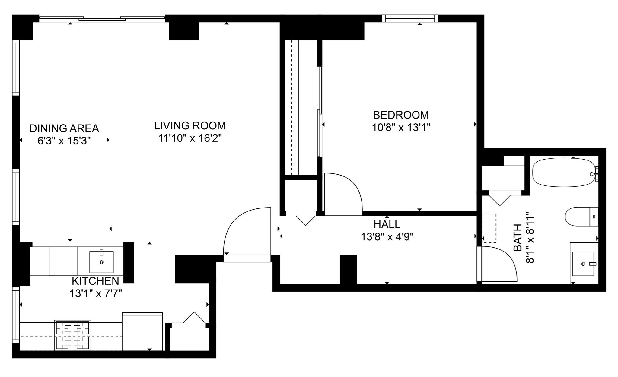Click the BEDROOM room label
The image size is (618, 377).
(401, 115)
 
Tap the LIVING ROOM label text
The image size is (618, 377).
(190, 125)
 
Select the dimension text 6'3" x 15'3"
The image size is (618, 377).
(64, 141)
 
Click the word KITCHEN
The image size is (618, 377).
(95, 281)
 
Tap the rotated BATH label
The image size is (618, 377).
(518, 237)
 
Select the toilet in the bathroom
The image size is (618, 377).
(581, 217)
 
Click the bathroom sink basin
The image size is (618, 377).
(583, 264)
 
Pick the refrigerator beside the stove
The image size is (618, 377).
(142, 331)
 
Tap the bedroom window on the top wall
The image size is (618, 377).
(410, 18)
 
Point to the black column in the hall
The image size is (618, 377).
(349, 269)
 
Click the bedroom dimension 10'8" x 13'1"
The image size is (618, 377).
(401, 128)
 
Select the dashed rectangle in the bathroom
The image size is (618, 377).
(489, 228)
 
